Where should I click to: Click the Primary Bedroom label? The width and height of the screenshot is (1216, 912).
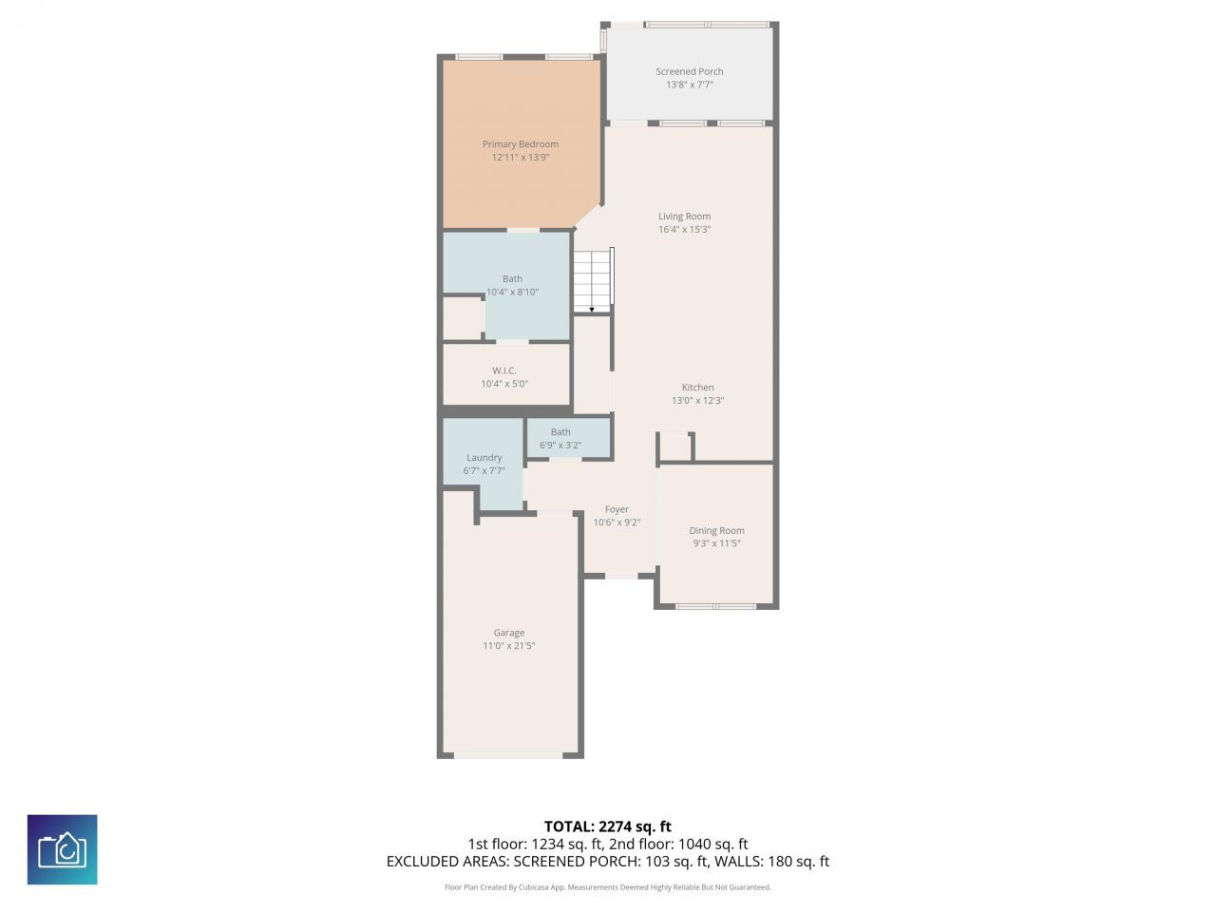tap(520, 144)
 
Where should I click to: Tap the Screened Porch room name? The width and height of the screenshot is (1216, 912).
tap(689, 71)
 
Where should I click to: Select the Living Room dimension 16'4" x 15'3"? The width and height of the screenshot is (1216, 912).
tap(684, 230)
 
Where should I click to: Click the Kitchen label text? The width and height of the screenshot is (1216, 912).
tap(697, 388)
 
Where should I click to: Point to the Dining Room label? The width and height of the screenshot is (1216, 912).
tap(716, 531)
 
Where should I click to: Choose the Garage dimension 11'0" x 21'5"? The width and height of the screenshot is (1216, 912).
tap(508, 646)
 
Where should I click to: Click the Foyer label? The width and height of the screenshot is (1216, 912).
tap(617, 509)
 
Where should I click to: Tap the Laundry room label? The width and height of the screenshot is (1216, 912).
tap(484, 458)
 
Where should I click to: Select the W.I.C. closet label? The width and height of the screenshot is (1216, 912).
tap(503, 370)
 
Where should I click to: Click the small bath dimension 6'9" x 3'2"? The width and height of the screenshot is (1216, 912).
tap(560, 445)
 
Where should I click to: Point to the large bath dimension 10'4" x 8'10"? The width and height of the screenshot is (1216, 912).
tap(512, 293)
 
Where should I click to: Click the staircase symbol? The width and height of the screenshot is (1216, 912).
tap(592, 279)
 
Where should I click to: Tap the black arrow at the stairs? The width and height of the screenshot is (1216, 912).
tap(592, 309)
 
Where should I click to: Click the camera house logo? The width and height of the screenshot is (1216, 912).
tap(62, 849)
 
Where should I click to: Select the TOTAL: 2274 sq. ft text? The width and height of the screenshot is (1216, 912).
tap(607, 826)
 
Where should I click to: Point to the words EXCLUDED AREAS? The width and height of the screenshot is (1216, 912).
tap(446, 862)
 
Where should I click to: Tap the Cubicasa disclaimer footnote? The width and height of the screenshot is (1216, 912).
tap(607, 887)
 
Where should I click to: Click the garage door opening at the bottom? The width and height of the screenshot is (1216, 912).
tap(508, 755)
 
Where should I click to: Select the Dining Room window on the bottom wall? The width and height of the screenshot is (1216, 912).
tap(715, 605)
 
